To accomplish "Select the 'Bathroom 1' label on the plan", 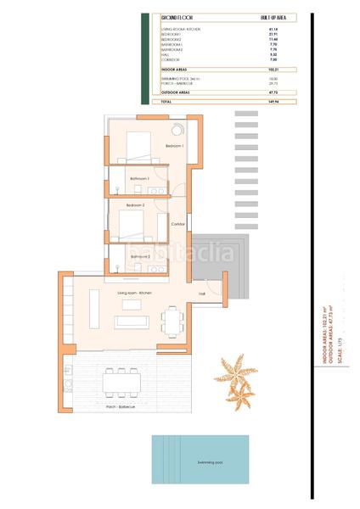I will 139,180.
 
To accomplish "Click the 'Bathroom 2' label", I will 140,256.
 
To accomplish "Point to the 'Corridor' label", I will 177,224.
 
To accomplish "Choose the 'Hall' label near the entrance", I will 202,294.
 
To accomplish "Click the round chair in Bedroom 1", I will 178,130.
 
